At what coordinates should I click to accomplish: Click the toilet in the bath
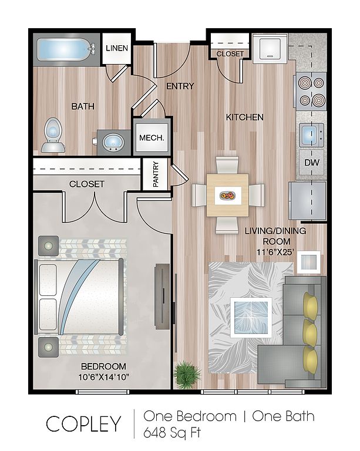point(53,134)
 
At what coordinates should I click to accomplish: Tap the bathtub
point(66,50)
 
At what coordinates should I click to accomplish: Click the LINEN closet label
point(117,48)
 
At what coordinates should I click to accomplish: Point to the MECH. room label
point(152,138)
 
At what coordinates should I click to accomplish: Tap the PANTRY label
point(156,174)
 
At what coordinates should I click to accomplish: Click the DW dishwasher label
point(312,163)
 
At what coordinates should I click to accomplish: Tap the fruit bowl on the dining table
point(227,196)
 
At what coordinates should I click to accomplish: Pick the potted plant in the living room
point(187,372)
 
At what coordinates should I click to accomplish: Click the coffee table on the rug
point(251,318)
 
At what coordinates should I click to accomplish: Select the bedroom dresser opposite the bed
point(163,297)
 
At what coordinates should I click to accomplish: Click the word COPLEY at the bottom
point(83,424)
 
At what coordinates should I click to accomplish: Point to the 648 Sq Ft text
point(172,433)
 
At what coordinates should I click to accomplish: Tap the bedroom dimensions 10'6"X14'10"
point(103,377)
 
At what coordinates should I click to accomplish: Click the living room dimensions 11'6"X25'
point(275,252)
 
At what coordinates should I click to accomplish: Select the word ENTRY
point(180,86)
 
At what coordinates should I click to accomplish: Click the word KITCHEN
point(245,117)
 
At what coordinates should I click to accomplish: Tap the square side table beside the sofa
point(308,262)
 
